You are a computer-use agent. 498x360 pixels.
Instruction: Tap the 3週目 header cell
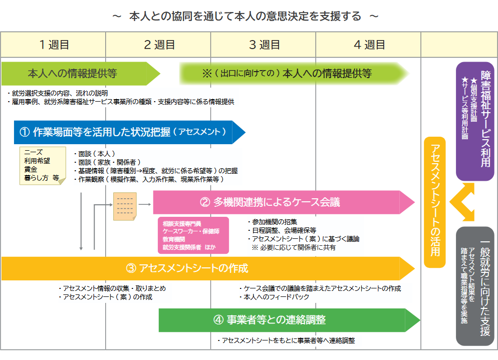point(264,45)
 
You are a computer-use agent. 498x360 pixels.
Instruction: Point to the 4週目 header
point(369,45)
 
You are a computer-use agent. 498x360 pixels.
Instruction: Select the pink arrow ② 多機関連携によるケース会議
point(281,202)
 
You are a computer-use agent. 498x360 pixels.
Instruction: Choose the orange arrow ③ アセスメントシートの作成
point(200,268)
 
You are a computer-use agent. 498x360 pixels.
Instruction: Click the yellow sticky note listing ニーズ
point(43,166)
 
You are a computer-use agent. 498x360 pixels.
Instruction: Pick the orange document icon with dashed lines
point(125,206)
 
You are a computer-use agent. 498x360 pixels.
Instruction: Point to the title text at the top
point(245,16)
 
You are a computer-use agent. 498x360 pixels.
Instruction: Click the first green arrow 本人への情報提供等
point(75,74)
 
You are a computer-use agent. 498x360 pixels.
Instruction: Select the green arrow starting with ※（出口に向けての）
point(291,74)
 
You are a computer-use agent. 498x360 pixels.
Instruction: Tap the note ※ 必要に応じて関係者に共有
point(294,247)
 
